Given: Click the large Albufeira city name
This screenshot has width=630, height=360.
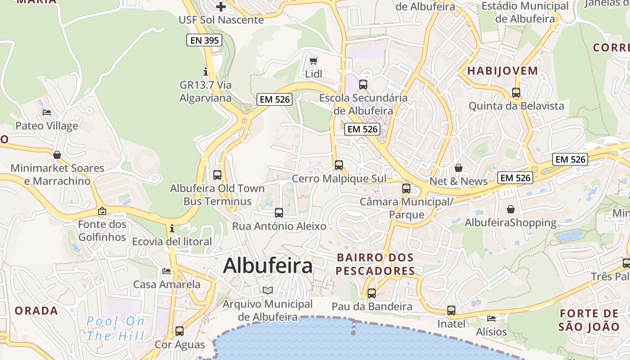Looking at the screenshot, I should tap(268, 265).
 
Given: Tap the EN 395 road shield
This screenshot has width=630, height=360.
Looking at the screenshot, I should tap(205, 40).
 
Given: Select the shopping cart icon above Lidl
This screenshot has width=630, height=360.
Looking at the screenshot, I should tap(314, 61).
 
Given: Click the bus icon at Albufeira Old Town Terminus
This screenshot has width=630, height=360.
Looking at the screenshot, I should tap(217, 175).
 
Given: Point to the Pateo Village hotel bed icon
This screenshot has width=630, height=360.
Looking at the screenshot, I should tap(46, 112).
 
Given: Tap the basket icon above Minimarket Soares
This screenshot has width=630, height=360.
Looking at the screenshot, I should tap(57, 155).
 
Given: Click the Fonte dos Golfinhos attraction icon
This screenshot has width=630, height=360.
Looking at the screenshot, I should tap(102, 211).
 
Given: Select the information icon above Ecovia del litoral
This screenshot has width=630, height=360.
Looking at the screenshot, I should tap(172, 229).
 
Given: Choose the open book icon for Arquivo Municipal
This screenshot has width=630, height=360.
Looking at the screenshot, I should tap(268, 290).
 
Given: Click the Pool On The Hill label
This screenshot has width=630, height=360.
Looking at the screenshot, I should tap(116, 328).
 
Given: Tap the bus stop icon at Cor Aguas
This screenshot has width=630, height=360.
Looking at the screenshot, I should tap(180, 331).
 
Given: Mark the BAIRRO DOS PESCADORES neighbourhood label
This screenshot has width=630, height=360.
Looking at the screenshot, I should tap(375, 264).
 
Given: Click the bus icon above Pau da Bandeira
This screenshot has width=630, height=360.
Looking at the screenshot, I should tap(372, 293).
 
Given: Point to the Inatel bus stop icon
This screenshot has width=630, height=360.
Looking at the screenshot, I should tap(451, 310).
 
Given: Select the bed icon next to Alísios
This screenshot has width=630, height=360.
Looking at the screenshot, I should tap(491, 319).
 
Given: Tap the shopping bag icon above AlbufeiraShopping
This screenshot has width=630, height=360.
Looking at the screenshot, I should tap(511, 209).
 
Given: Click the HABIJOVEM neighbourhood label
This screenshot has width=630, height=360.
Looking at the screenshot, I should tap(502, 71).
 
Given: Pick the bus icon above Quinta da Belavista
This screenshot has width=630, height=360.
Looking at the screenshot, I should tap(516, 93).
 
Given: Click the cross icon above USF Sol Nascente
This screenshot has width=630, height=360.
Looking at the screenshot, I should tap(221, 7).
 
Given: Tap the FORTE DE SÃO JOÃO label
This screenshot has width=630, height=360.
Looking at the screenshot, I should tap(589, 320).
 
